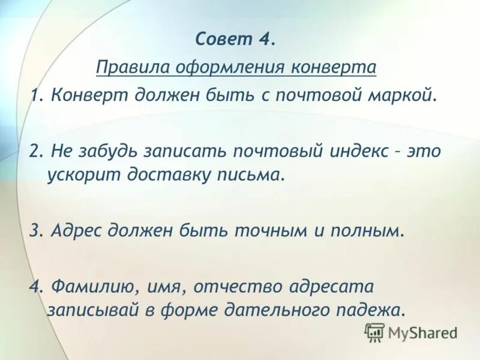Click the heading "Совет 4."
point(235,40)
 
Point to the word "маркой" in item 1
point(382,95)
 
